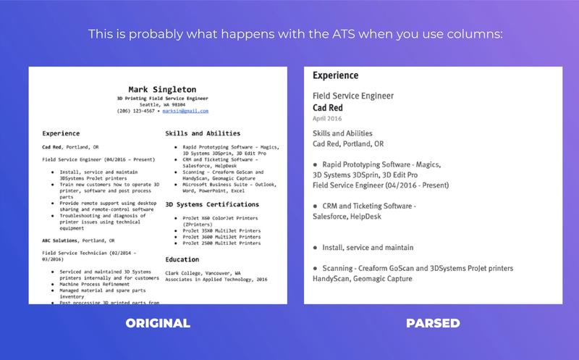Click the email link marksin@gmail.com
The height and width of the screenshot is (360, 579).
[185, 111]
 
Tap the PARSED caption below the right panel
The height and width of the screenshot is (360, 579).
[433, 322]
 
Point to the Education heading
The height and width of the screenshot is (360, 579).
[182, 259]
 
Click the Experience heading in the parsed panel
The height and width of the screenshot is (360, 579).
[335, 75]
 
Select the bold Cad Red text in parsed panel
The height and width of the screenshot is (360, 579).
[327, 107]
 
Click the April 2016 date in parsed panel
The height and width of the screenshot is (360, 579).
[327, 117]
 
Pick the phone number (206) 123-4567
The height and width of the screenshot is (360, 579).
[135, 111]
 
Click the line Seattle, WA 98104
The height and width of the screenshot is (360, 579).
[162, 104]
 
